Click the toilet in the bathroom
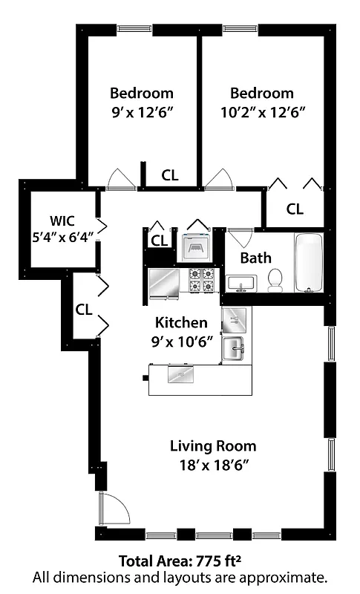click(275, 279)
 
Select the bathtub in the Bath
click(309, 263)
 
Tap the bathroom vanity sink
click(241, 283)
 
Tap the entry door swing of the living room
click(114, 509)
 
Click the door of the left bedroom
click(119, 179)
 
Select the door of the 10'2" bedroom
click(218, 179)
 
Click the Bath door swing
click(239, 239)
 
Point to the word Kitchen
click(180, 323)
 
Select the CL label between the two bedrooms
click(170, 176)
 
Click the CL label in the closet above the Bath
click(295, 209)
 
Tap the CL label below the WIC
click(83, 310)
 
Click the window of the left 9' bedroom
click(140, 30)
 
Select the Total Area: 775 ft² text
click(179, 561)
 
